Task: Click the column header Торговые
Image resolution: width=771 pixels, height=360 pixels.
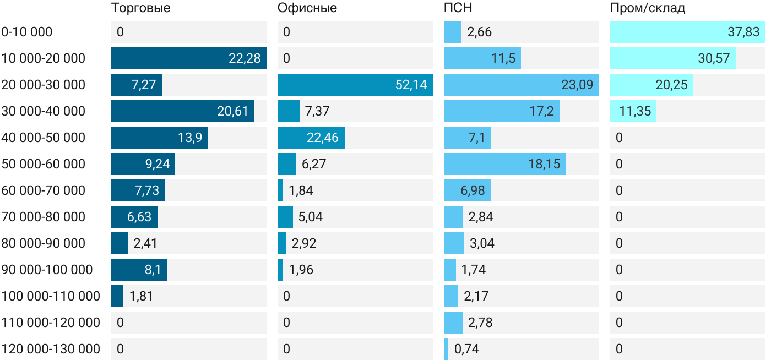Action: tap(140, 8)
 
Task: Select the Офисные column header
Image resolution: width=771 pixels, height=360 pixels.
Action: tap(307, 8)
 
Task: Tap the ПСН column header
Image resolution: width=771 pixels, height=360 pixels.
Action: tap(458, 8)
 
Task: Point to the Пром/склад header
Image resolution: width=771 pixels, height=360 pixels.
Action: tap(648, 8)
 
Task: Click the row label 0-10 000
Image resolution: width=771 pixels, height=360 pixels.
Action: tap(27, 32)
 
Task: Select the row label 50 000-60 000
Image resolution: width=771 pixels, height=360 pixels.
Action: tap(44, 164)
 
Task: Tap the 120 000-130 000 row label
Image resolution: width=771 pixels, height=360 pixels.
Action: tap(51, 349)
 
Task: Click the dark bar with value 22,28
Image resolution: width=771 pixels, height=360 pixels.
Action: tap(188, 58)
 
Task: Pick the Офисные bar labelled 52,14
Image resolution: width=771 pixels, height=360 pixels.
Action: tap(355, 85)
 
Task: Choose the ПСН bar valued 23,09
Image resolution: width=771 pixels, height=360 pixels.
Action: tap(521, 85)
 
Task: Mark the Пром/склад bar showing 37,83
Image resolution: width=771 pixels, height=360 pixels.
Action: tap(687, 32)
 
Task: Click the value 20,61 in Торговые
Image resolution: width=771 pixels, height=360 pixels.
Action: tap(233, 111)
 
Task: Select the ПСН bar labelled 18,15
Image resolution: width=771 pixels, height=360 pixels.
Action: tap(504, 164)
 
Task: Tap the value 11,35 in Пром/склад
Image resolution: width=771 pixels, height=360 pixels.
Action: tap(635, 111)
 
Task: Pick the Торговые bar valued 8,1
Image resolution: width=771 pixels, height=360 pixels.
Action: tap(139, 270)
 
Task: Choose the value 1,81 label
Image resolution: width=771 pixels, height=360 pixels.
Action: tap(141, 296)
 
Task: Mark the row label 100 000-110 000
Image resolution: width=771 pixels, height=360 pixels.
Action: tap(51, 296)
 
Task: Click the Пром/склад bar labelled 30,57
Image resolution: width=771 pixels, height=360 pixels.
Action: tap(672, 58)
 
